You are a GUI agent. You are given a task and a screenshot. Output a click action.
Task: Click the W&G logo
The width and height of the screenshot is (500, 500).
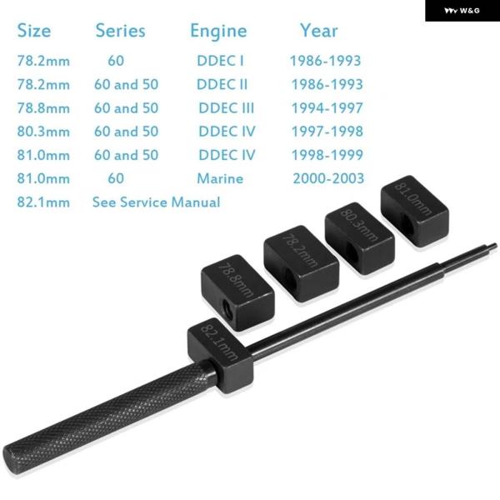point(462,11)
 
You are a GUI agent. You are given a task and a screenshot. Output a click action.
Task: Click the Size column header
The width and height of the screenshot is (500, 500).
point(34,31)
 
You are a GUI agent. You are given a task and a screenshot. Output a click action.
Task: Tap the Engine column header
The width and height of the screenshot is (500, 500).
point(218,32)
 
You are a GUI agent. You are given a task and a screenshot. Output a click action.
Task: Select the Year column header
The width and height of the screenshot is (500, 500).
point(318,31)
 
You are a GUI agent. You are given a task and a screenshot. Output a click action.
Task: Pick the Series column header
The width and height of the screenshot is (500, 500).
point(121,31)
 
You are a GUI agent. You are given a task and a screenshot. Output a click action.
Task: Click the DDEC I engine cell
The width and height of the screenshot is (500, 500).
point(220,61)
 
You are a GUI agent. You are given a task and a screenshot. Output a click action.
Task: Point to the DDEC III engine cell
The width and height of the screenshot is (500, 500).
point(227,107)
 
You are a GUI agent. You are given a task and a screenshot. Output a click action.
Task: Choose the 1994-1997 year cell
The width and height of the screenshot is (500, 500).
point(327,107)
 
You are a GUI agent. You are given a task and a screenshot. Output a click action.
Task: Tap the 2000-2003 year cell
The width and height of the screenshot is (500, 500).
point(328,178)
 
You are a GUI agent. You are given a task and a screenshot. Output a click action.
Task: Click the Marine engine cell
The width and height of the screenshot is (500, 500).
point(220,178)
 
